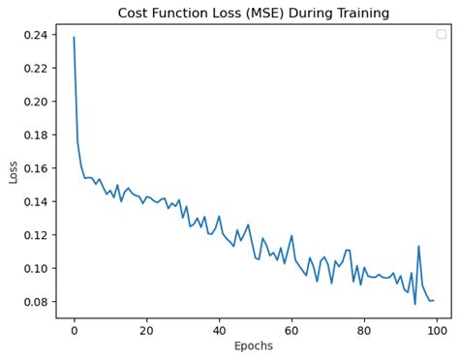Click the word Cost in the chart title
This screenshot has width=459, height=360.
click(x=136, y=14)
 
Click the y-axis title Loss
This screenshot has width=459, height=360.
click(x=14, y=171)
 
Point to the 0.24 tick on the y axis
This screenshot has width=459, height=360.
click(x=35, y=35)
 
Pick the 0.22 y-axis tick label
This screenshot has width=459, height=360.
click(x=35, y=68)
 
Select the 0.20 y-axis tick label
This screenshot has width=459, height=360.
click(x=35, y=102)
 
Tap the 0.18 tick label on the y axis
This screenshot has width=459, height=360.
click(x=35, y=135)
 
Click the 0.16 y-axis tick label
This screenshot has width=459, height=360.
click(x=35, y=168)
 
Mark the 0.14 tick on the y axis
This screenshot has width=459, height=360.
click(x=35, y=201)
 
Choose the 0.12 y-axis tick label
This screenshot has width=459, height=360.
click(x=35, y=235)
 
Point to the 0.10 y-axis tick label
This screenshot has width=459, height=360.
click(x=35, y=268)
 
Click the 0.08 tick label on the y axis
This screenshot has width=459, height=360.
click(x=35, y=302)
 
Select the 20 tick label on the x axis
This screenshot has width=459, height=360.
click(x=146, y=329)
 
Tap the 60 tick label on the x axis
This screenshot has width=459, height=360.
click(x=291, y=329)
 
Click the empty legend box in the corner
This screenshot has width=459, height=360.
click(x=441, y=34)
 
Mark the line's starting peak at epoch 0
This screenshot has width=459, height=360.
click(x=74, y=38)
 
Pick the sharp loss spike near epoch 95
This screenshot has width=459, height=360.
click(x=418, y=246)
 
